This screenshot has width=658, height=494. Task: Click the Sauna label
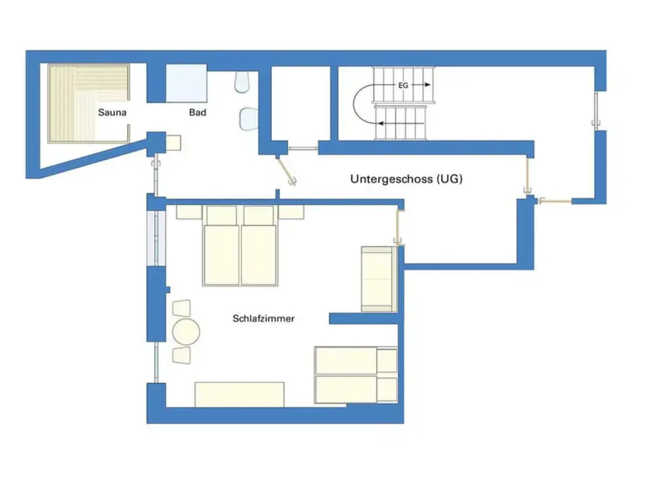click(x=112, y=113)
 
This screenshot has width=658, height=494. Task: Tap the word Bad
click(x=197, y=113)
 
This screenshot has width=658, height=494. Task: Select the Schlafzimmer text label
click(x=263, y=318)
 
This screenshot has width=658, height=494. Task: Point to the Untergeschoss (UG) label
click(x=406, y=179)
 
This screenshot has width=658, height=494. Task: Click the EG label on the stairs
click(x=403, y=86)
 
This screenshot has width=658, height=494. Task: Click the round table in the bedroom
click(x=186, y=332)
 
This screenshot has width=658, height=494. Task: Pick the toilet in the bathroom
click(x=242, y=82)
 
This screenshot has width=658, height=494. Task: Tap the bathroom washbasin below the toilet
click(x=249, y=118)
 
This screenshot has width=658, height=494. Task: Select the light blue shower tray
click(x=186, y=83)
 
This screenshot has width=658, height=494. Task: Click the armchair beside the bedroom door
click(x=378, y=279)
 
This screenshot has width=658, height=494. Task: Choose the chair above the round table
click(x=182, y=308)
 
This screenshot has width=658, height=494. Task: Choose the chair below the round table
click(x=182, y=355)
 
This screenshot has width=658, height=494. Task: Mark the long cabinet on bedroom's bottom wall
click(x=239, y=394)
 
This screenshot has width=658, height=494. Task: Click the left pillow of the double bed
click(x=222, y=215)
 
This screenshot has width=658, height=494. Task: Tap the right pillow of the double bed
click(x=259, y=215)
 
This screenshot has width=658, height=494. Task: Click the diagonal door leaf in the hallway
click(x=286, y=171)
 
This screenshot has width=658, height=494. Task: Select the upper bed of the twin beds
click(x=356, y=360)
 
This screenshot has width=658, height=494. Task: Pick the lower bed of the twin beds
click(x=356, y=389)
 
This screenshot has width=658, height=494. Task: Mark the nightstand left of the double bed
click(x=189, y=212)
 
